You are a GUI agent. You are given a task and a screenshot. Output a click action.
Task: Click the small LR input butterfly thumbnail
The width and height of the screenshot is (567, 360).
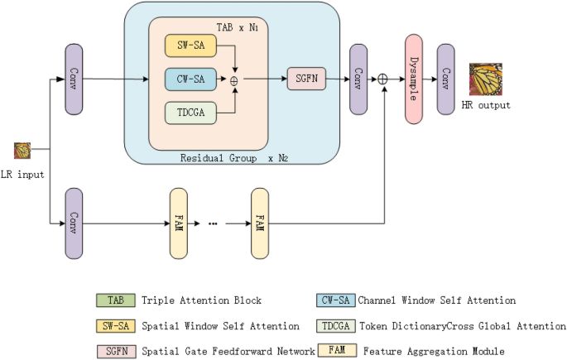click(22, 151)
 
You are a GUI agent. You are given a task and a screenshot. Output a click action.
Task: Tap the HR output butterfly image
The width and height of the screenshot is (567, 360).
click(486, 80)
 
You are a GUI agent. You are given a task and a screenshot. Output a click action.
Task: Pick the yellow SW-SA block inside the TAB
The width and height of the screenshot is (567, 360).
click(191, 47)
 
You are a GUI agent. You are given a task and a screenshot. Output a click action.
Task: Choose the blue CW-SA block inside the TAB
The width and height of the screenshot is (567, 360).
click(191, 79)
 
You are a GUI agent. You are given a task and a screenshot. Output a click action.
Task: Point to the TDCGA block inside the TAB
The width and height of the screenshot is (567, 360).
click(191, 113)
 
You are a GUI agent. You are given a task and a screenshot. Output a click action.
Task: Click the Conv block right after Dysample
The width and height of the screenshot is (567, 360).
click(446, 79)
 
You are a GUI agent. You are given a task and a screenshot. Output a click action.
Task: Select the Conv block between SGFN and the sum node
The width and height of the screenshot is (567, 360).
click(358, 79)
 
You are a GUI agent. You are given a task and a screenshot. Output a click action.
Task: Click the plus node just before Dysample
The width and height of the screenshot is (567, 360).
click(383, 79)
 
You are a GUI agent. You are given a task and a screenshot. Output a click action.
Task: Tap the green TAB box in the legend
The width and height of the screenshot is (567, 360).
click(111, 300)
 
